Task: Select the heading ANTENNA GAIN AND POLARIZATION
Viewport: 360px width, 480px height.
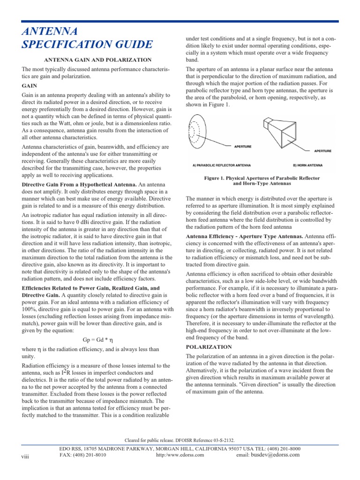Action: point(97,60)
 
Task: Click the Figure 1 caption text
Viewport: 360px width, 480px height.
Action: point(262,181)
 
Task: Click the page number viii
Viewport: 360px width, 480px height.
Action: point(25,456)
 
